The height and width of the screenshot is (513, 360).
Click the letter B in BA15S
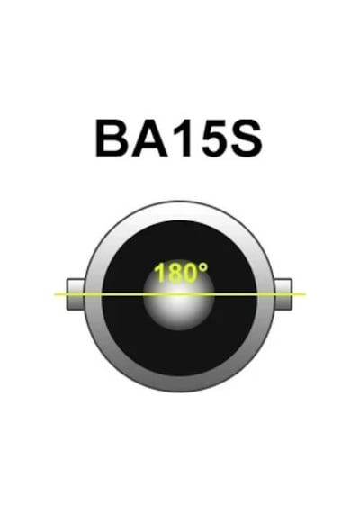coord(112,139)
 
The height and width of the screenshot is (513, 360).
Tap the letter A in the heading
coord(148,139)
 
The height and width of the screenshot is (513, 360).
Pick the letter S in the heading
coord(247,139)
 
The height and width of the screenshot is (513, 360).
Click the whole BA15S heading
coord(179,139)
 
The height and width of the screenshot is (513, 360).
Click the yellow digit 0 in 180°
coord(191,273)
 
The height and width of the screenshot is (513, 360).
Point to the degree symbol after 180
coord(203,268)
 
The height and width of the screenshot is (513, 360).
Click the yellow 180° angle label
coord(181,273)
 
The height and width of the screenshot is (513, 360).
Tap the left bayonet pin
coord(76,294)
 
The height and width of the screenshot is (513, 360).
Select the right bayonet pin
coord(283,294)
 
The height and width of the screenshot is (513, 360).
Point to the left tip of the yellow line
coord(55,294)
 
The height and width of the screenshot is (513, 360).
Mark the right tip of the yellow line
coord(305,294)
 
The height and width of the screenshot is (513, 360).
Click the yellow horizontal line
coord(180,294)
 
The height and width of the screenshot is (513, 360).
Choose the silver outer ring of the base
coord(179,383)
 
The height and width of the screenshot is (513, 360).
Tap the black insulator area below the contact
coord(179,354)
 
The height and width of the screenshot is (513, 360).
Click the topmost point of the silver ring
coord(179,202)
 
